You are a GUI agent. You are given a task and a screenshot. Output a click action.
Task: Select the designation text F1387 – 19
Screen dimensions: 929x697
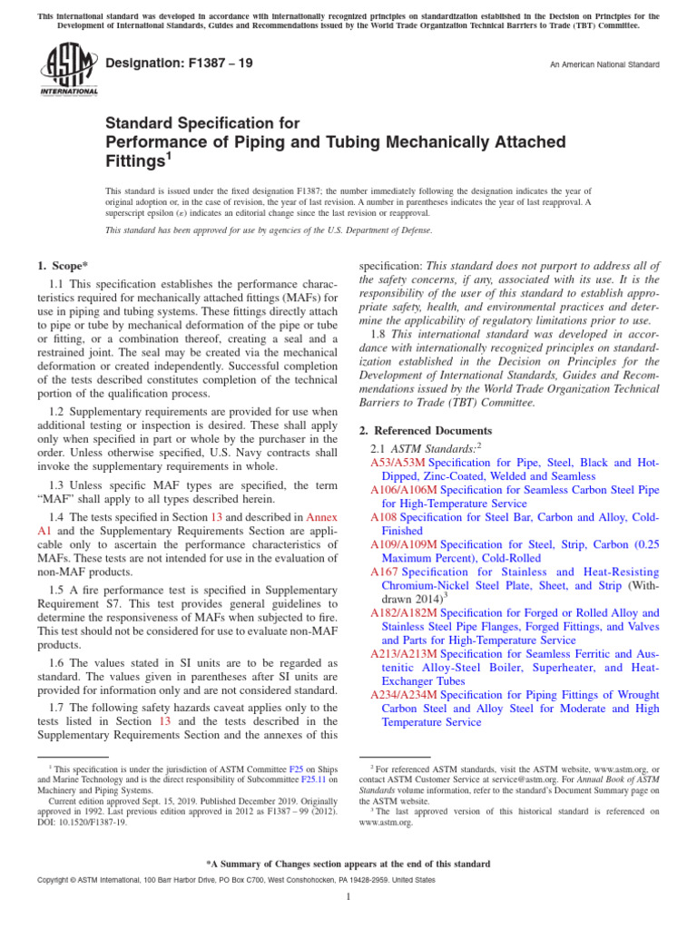180,64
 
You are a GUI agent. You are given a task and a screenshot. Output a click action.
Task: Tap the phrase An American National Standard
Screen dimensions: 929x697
605,65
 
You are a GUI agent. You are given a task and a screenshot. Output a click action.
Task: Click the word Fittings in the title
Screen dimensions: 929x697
136,161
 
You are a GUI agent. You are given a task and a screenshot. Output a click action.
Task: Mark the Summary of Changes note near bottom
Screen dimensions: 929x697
348,864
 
